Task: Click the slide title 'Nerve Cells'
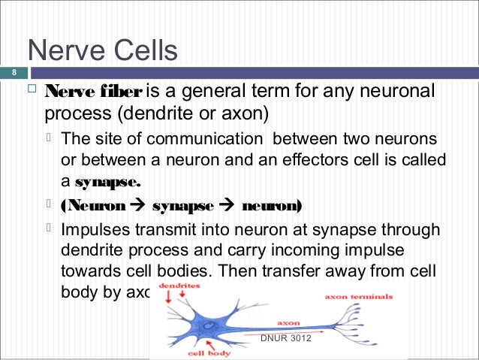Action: point(102,51)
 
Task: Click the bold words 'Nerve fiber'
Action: point(92,92)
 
